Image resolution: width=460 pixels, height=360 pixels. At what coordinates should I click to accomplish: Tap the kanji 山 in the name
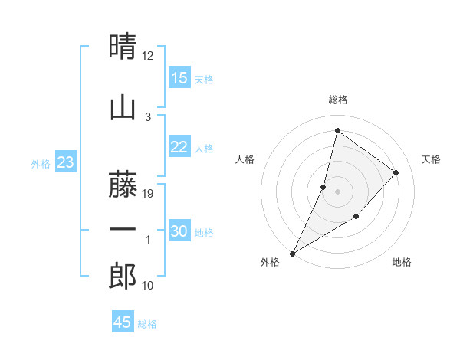click(x=123, y=107)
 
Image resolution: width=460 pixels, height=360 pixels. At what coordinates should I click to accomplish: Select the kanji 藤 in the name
click(x=123, y=184)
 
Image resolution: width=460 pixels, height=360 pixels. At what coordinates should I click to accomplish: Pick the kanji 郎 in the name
click(x=123, y=277)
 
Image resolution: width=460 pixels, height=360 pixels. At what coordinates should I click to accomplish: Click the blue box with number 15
click(x=179, y=78)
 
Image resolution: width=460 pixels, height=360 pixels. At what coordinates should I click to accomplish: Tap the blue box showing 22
click(x=179, y=147)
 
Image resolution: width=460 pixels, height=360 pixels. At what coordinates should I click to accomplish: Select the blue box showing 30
click(x=179, y=231)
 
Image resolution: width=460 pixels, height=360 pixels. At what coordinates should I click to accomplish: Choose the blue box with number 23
click(x=65, y=162)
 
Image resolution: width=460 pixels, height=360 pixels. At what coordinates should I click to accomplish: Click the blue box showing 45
click(x=123, y=322)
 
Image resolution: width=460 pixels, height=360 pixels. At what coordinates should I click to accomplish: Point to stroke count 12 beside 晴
click(x=148, y=56)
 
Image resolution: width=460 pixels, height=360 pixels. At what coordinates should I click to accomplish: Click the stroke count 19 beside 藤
click(x=149, y=194)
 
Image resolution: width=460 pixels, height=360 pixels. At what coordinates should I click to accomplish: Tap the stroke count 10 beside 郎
click(x=149, y=286)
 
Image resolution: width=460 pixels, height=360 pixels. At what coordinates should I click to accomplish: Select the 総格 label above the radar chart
click(x=337, y=100)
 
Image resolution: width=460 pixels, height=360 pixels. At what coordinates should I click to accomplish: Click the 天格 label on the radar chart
click(x=431, y=159)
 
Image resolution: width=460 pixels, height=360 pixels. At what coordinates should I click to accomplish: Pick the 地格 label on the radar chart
click(x=402, y=262)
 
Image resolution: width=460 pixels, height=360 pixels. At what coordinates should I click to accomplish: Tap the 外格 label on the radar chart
click(x=270, y=262)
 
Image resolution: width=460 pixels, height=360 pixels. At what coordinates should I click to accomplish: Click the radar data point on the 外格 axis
click(x=292, y=254)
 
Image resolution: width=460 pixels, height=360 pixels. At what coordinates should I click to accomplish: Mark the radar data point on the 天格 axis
click(x=396, y=172)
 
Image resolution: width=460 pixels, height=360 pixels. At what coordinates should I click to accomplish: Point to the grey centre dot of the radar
click(x=337, y=191)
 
